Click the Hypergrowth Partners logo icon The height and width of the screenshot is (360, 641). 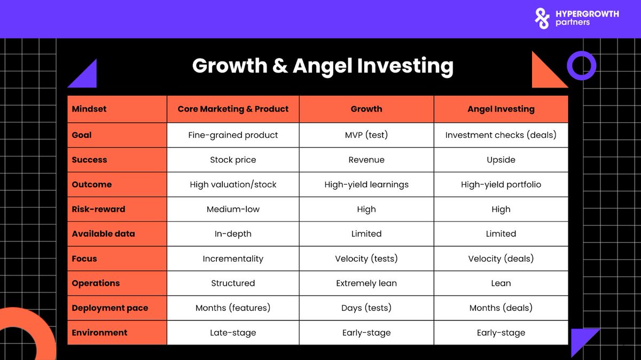click(542, 18)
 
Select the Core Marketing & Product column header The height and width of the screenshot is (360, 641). click(233, 109)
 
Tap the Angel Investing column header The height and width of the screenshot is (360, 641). click(501, 109)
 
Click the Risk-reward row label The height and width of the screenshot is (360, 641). click(98, 209)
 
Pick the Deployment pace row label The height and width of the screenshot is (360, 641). click(110, 308)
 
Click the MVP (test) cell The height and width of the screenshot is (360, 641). click(366, 135)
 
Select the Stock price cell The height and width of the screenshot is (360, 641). click(233, 160)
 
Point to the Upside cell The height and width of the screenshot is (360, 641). click(501, 160)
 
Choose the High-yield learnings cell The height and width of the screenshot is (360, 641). click(366, 185)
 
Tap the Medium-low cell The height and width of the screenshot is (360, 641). click(233, 209)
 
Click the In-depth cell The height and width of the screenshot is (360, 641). click(233, 234)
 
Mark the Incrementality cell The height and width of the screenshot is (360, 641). click(233, 259)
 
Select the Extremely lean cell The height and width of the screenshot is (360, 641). click(366, 283)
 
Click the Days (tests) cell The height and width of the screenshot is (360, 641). click(366, 308)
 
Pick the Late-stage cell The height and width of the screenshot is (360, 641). click(233, 333)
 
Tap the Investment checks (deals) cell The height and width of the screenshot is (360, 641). click(501, 135)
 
